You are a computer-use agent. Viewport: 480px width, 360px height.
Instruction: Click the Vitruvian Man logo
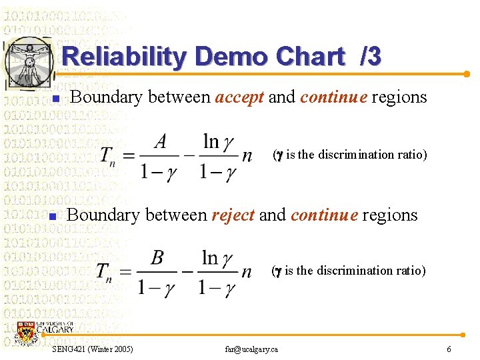point(29,62)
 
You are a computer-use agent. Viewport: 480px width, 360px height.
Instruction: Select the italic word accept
point(239,97)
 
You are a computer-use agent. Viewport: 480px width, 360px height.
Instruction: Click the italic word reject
point(233,215)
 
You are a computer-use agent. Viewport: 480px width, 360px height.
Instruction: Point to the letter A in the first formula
point(160,141)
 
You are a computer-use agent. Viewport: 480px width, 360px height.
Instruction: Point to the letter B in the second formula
point(157,259)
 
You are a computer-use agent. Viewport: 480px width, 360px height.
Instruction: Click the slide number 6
point(449,349)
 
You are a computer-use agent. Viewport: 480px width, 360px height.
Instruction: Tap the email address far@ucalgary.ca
point(251,349)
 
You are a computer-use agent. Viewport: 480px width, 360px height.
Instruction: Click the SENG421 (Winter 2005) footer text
point(92,349)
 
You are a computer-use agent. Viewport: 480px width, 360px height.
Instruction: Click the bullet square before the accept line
point(56,99)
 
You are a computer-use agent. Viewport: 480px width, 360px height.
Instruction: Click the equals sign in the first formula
point(129,157)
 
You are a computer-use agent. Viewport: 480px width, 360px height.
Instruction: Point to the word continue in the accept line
point(333,97)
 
